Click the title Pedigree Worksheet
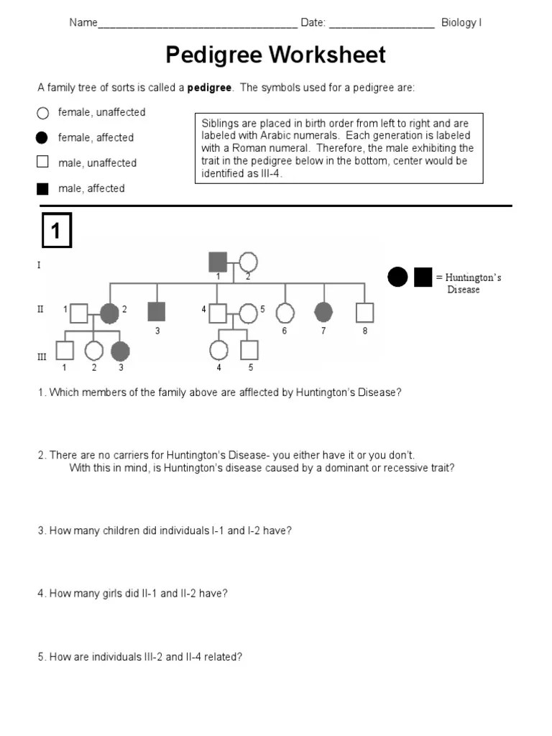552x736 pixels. point(276,55)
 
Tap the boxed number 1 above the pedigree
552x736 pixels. point(56,231)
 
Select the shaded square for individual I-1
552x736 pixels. point(218,262)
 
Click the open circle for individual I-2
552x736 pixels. point(248,263)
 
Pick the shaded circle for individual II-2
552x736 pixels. point(109,313)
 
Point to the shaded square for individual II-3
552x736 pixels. point(156,311)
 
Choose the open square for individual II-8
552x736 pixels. point(365,313)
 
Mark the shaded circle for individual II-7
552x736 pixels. point(324,312)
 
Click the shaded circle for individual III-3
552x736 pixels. point(120,350)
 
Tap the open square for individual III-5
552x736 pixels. point(249,349)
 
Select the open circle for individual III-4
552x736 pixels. point(218,350)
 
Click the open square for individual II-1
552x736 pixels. point(79,313)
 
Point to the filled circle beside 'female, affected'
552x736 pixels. point(42,137)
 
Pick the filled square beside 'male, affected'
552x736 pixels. point(42,189)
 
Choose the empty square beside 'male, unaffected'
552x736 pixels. point(42,162)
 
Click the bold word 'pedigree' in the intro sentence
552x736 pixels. point(209,88)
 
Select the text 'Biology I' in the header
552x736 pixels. point(461,22)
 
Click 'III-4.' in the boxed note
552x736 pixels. point(258,173)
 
